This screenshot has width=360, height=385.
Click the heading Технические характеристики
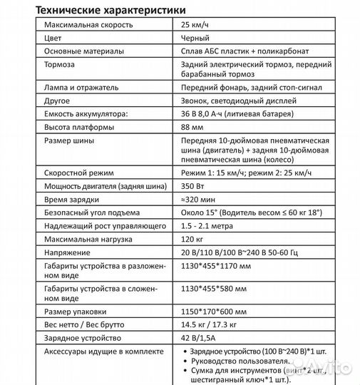tap(108, 11)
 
